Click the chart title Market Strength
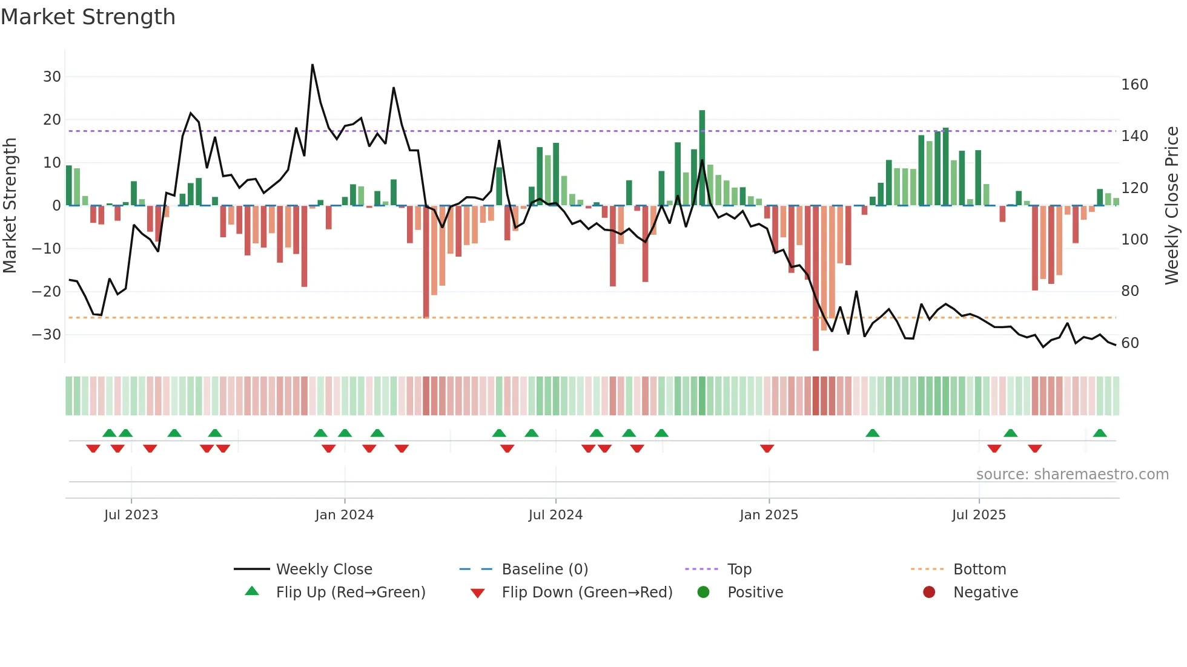pos(88,17)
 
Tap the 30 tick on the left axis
pos(52,77)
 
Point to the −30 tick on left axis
pos(47,335)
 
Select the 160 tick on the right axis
pos(1134,85)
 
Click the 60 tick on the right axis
pos(1130,343)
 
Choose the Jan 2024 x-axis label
pos(344,515)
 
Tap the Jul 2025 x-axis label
pos(978,515)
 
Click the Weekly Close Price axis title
pos(1172,206)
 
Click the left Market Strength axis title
pos(10,206)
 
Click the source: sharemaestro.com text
pos(1072,475)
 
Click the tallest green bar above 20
pos(702,157)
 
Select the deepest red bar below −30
pos(816,278)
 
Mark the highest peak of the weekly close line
pos(312,65)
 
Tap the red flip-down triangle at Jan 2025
pos(767,448)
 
